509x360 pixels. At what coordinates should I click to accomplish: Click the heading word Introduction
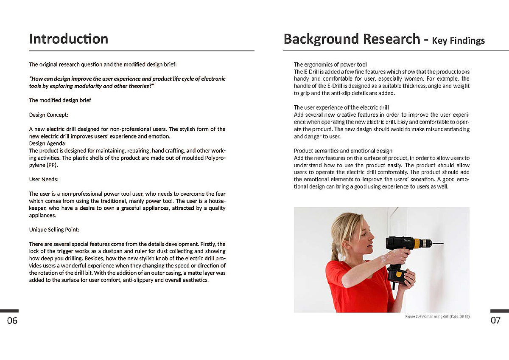(68, 39)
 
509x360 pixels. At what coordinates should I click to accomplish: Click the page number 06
(12, 321)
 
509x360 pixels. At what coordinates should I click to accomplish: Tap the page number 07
(495, 321)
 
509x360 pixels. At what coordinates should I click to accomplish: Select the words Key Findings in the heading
(458, 41)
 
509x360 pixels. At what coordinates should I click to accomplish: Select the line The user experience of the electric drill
(341, 107)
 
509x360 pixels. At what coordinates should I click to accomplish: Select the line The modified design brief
(60, 101)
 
